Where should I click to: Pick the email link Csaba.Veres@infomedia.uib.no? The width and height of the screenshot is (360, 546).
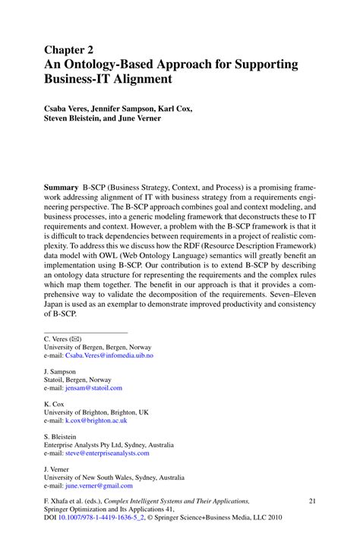pyautogui.click(x=109, y=355)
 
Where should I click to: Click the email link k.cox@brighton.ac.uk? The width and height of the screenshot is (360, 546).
pyautogui.click(x=96, y=420)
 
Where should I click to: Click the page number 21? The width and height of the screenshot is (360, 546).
pyautogui.click(x=311, y=501)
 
